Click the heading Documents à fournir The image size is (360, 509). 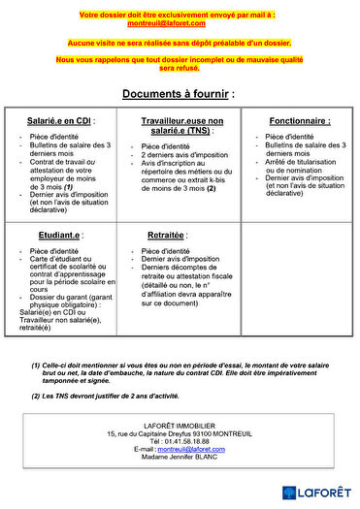178,93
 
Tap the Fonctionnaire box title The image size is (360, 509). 298,121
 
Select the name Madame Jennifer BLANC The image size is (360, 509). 178,457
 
